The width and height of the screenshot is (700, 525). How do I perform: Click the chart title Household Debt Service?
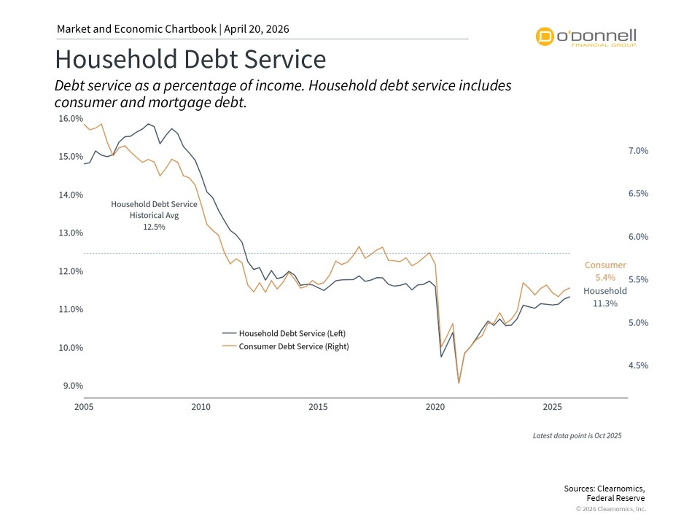[190, 59]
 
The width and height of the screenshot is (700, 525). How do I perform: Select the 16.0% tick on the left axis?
[71, 118]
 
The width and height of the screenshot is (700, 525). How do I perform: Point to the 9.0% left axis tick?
[71, 386]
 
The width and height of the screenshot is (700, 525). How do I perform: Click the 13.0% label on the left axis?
[71, 233]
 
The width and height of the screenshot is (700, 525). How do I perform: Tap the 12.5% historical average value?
[154, 227]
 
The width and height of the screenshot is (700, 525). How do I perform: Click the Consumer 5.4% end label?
[605, 271]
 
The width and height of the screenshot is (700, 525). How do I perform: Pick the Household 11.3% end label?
[605, 297]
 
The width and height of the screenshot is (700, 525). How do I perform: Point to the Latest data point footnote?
[577, 435]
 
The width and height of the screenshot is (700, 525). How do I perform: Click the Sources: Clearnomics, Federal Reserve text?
[604, 493]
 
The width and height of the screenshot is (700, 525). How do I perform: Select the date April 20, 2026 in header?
[257, 29]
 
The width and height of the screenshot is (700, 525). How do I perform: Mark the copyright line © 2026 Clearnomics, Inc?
[610, 509]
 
